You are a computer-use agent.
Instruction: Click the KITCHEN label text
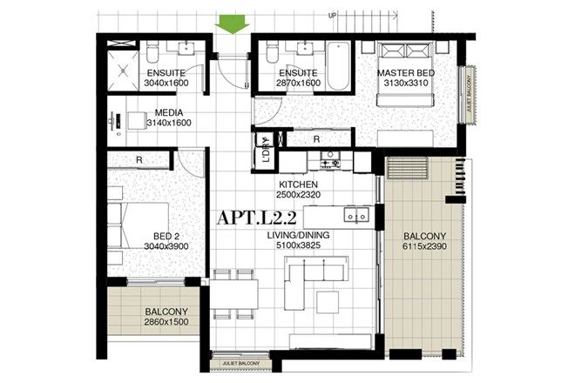(x=298, y=185)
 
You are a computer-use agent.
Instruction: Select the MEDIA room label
(x=168, y=112)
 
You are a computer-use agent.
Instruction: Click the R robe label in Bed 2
(x=139, y=159)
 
